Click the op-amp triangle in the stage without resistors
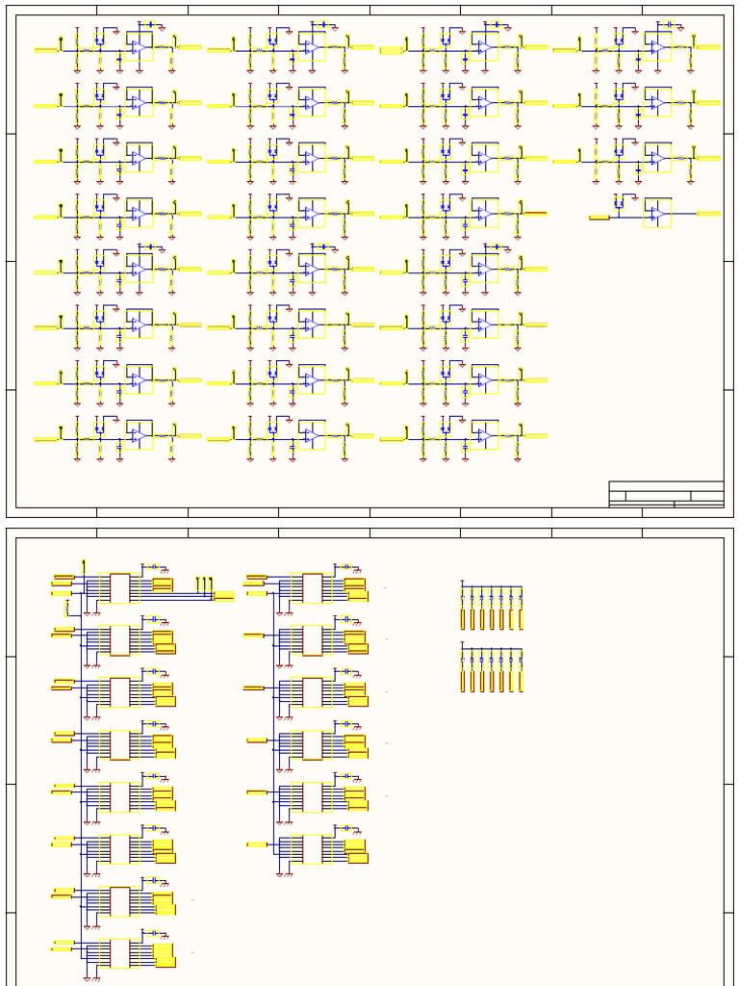[x=658, y=213]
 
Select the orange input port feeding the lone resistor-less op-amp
[x=599, y=219]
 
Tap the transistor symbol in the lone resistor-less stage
[x=619, y=202]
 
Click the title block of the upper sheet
[x=666, y=494]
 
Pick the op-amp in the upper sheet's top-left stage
[x=139, y=46]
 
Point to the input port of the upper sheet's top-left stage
[x=46, y=50]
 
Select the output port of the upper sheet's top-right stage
[x=708, y=46]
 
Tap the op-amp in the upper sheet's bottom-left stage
[x=139, y=436]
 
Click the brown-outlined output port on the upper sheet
[x=535, y=213]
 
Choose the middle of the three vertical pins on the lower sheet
[x=205, y=584]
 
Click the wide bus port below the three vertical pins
[x=223, y=596]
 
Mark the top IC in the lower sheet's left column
[x=119, y=587]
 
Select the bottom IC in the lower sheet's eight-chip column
[x=119, y=953]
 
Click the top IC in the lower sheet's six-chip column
[x=313, y=587]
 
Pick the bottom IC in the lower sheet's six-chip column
[x=313, y=848]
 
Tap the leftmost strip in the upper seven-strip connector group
[x=463, y=618]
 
